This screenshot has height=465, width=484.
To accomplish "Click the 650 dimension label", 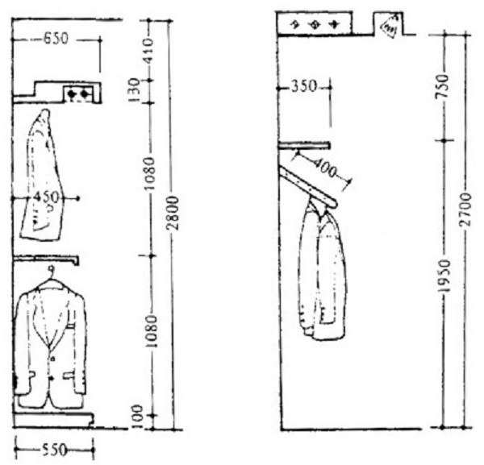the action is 56,39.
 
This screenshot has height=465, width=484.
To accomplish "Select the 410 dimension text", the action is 148,52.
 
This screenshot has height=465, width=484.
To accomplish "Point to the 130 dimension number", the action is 135,90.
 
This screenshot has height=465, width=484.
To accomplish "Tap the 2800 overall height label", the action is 173,213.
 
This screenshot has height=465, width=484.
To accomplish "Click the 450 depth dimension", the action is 45,197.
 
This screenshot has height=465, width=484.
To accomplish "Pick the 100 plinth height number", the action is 138,417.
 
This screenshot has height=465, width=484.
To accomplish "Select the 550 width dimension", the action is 54,450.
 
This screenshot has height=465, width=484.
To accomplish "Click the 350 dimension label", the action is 304,87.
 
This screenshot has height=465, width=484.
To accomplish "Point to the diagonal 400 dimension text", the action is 324,168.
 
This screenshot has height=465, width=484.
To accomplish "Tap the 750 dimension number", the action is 441,86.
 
